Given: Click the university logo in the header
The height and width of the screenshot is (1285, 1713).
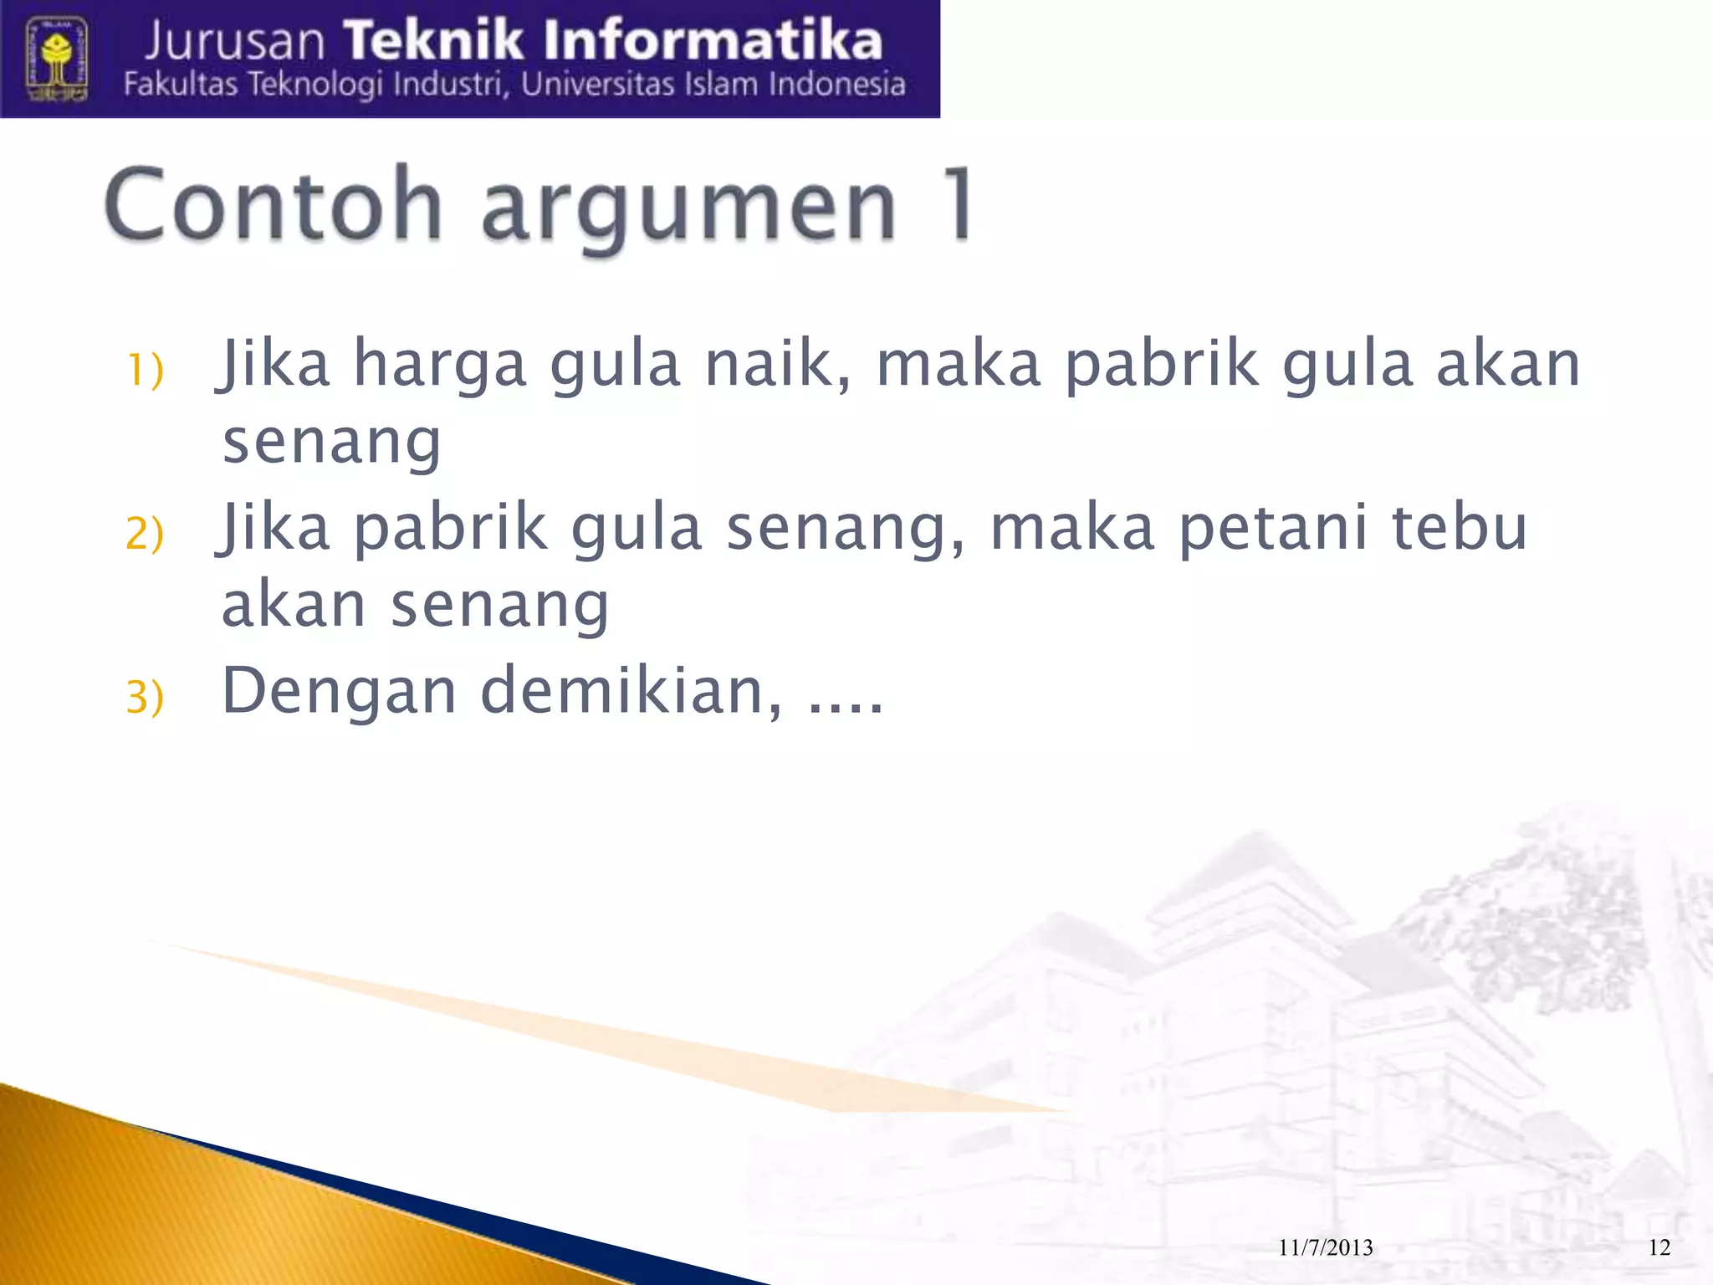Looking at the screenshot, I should [57, 60].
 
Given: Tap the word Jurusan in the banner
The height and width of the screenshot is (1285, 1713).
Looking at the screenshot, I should [235, 42].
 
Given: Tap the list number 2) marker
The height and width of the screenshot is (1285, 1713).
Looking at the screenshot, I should [145, 533].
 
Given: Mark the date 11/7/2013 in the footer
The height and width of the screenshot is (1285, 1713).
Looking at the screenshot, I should [1326, 1247].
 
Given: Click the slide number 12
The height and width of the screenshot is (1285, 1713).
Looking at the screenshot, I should [1659, 1247].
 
